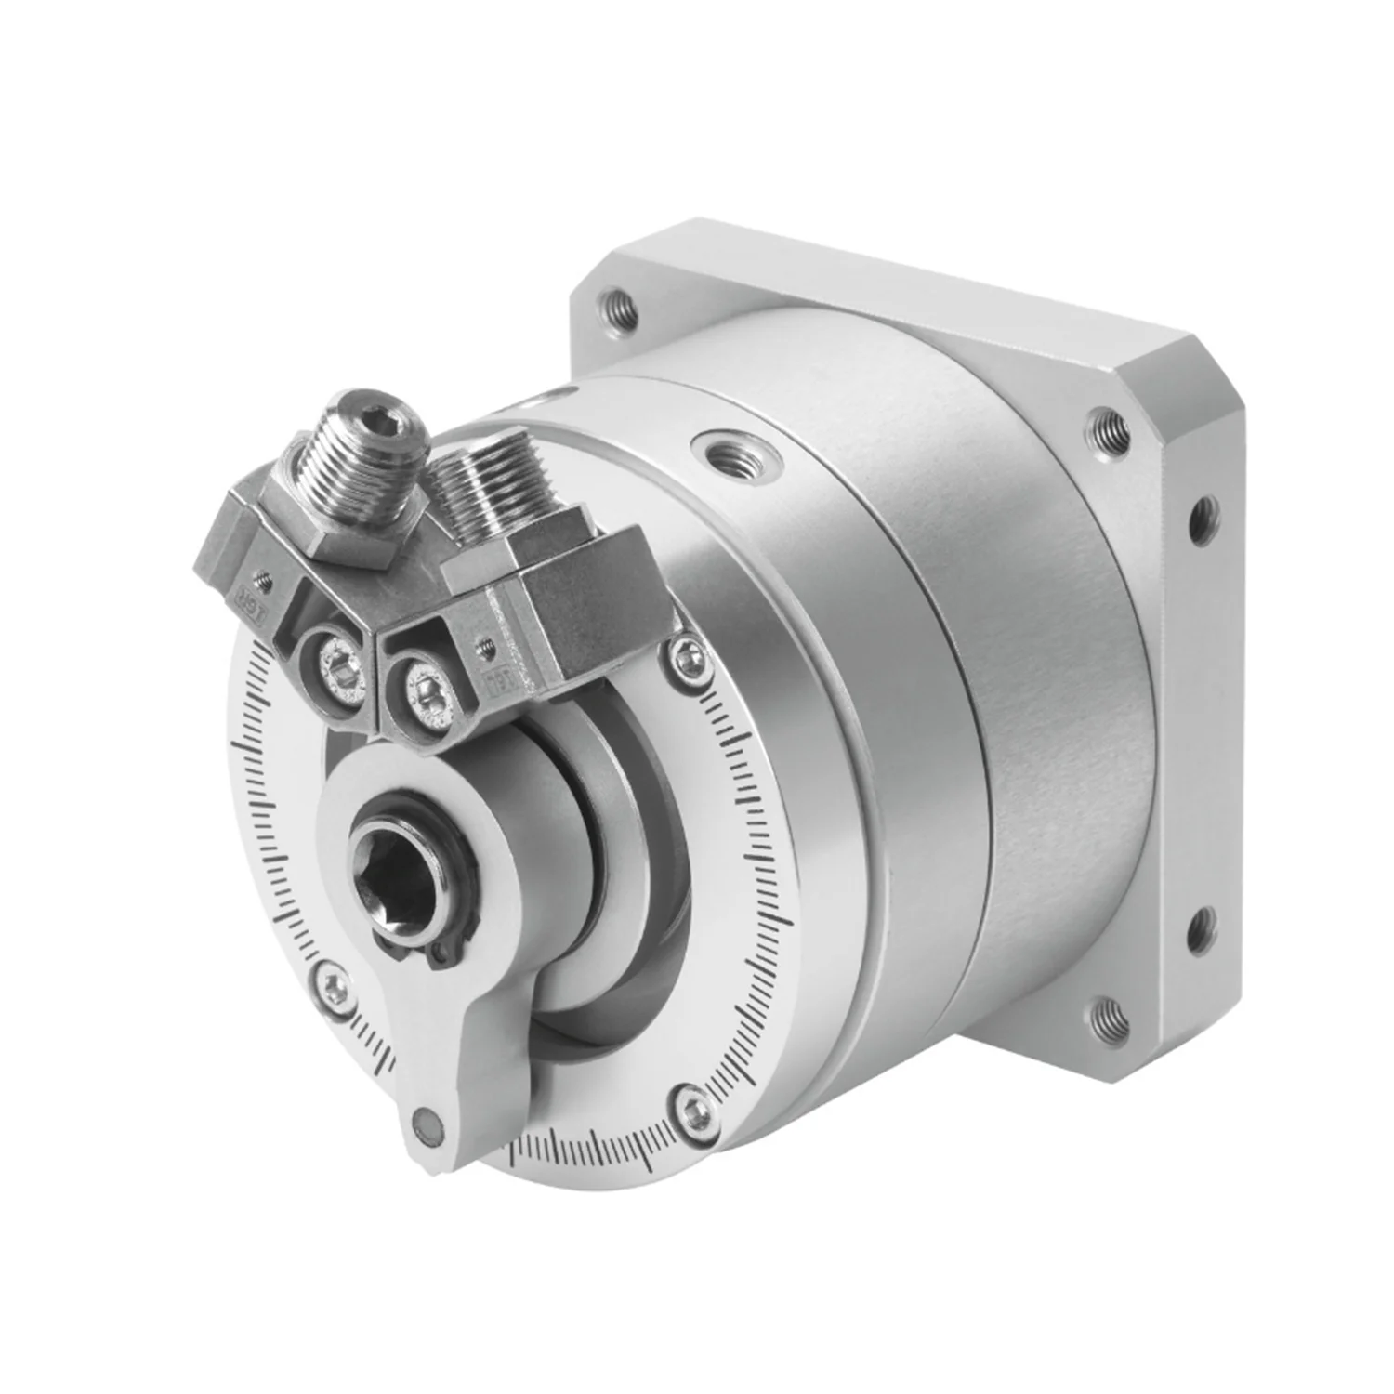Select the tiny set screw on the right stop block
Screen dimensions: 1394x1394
pos(484,640)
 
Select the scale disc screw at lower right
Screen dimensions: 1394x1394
pos(692,1105)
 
